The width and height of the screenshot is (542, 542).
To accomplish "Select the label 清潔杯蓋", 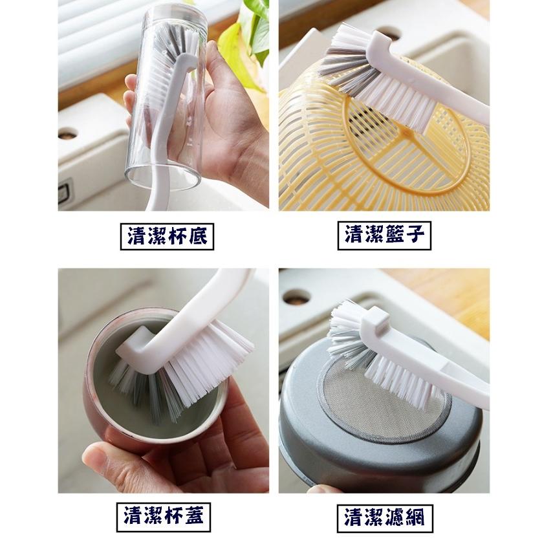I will pos(164,516).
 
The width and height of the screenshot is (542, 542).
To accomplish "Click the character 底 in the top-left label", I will pos(199,237).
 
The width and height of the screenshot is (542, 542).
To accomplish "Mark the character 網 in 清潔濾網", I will pos(418,517).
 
